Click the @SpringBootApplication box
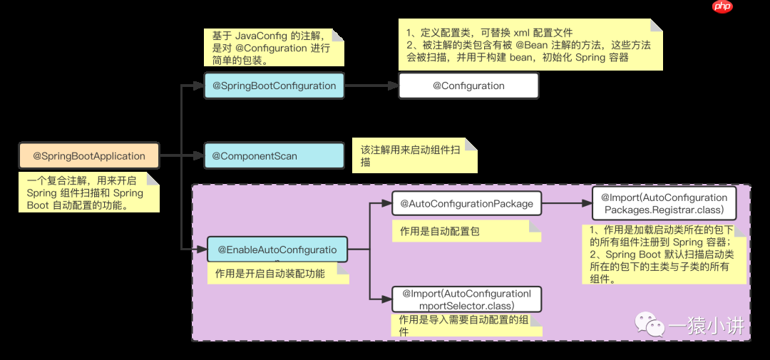click(89, 156)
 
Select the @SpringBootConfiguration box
click(274, 86)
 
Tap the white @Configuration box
click(468, 86)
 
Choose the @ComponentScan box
click(274, 155)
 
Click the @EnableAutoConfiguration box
click(277, 250)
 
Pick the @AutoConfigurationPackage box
click(466, 203)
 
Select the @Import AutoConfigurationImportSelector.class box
click(466, 299)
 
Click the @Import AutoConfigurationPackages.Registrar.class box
click(664, 203)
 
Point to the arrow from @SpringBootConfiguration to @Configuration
click(371, 86)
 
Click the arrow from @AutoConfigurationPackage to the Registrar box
click(567, 203)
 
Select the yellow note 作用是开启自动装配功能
click(277, 274)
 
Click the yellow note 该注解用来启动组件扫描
click(414, 156)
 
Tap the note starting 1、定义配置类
click(530, 46)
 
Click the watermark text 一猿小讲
click(706, 326)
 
